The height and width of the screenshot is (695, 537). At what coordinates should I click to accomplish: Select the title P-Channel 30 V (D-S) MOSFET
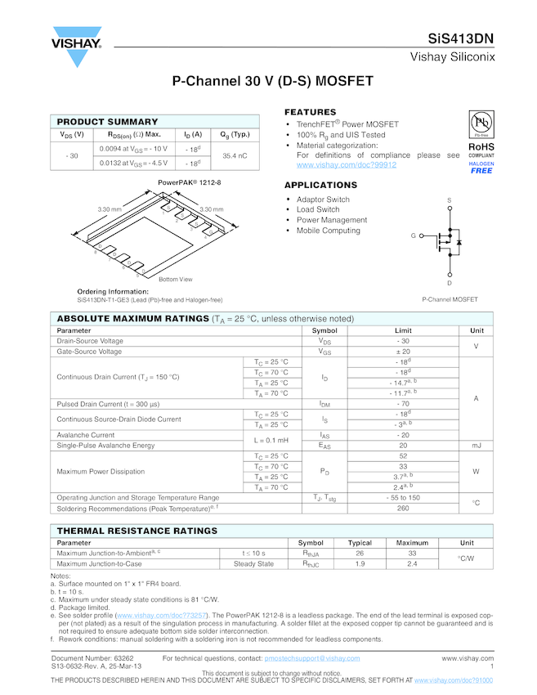(x=272, y=82)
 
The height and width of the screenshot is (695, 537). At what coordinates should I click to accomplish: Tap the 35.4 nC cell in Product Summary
(x=235, y=155)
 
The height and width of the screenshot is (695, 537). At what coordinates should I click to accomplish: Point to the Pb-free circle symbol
(x=481, y=123)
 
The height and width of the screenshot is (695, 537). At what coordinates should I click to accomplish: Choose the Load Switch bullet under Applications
(x=318, y=210)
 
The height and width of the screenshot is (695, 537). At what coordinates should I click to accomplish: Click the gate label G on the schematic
(x=414, y=235)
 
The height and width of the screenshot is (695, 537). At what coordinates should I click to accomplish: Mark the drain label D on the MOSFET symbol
(x=450, y=283)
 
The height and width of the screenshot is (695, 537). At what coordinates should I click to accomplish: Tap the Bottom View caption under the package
(x=175, y=280)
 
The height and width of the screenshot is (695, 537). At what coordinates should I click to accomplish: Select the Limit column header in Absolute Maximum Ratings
(x=403, y=330)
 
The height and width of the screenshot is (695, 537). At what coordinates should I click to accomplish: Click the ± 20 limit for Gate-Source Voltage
(x=403, y=352)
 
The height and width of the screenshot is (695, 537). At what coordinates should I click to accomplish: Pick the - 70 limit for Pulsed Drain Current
(x=403, y=404)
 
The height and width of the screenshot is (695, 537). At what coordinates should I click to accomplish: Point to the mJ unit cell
(x=477, y=446)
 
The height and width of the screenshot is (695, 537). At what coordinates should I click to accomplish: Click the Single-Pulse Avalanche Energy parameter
(x=105, y=446)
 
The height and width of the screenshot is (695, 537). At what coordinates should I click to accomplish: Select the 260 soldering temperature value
(x=403, y=508)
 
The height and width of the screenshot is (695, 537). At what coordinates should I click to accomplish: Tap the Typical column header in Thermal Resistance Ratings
(x=360, y=543)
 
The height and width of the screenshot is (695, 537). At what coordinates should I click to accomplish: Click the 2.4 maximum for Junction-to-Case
(x=412, y=563)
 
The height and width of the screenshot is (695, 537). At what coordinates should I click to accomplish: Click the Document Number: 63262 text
(x=92, y=658)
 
